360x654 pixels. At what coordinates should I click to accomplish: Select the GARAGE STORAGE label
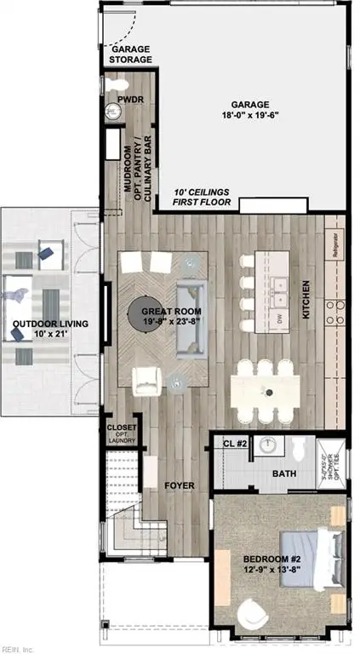coord(131,55)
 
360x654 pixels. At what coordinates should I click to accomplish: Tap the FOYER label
coord(180,485)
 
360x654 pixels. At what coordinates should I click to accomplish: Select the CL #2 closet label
coord(234,443)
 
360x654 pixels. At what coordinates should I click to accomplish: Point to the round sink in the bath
coord(268,444)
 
